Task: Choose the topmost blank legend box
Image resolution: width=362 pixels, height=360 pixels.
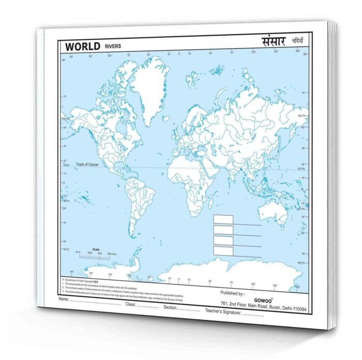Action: pos(223,219)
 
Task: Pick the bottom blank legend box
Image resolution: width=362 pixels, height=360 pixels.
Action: pos(223,250)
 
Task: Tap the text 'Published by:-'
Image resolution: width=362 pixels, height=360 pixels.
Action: pos(234,292)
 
